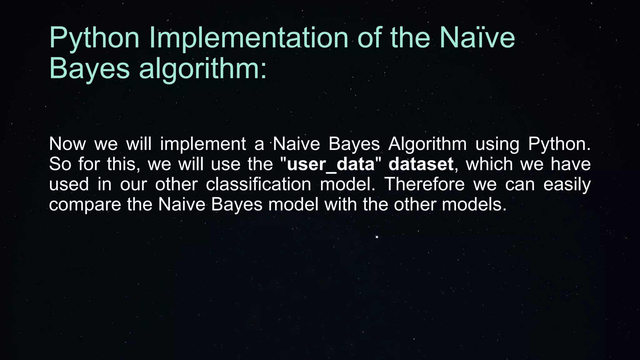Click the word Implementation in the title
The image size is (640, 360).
249,38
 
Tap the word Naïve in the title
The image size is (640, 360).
477,38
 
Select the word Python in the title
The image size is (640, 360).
94,38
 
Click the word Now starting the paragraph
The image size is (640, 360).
67,144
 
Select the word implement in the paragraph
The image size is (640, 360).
203,144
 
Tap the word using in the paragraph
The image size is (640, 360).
497,144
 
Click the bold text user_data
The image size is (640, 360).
330,164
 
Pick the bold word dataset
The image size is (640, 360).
421,164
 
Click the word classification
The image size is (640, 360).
258,184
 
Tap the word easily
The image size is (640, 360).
567,184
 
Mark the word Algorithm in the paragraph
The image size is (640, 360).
427,144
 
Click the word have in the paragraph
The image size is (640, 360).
570,164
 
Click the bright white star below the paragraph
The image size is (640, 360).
377,237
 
